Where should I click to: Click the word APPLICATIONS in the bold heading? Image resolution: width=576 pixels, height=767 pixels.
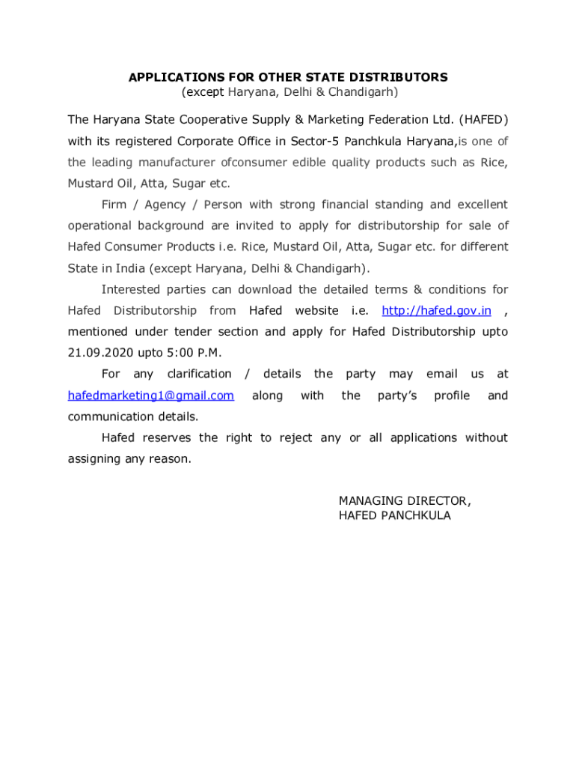click(165, 77)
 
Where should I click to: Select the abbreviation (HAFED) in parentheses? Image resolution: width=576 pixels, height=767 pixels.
click(483, 120)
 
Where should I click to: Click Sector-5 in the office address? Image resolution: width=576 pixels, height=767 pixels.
click(314, 142)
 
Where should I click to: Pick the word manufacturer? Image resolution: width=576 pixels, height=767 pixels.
click(176, 163)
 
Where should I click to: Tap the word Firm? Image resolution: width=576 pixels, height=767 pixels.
click(114, 204)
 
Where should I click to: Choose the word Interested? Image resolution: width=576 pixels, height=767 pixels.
click(131, 289)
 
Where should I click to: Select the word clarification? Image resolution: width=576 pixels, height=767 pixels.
click(199, 374)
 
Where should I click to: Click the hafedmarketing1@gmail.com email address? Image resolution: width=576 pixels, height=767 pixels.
click(151, 395)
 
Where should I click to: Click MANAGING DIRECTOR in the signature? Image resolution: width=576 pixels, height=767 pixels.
click(405, 500)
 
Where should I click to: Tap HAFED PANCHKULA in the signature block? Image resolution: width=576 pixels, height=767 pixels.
click(395, 515)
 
